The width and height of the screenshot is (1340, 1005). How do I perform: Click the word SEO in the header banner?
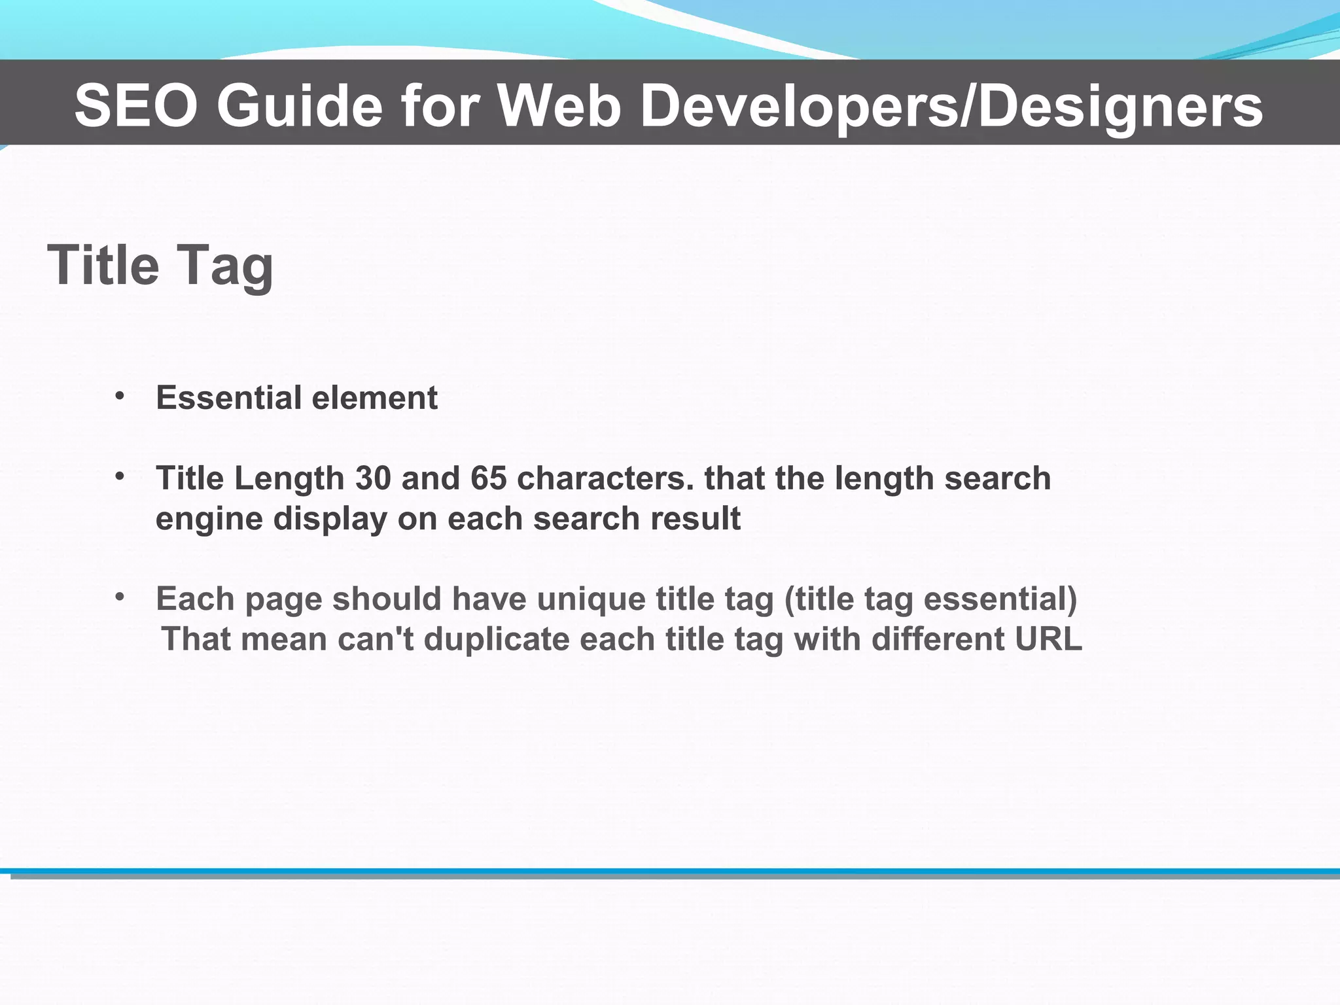(136, 107)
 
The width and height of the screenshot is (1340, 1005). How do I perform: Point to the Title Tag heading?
(160, 266)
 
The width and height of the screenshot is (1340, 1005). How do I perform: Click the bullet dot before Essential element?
(119, 396)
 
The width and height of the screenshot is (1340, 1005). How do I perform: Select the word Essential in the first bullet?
(229, 398)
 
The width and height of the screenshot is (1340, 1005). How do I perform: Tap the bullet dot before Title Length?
(119, 476)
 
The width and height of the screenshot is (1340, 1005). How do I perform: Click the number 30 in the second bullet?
(373, 478)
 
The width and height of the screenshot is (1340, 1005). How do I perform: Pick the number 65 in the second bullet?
(488, 478)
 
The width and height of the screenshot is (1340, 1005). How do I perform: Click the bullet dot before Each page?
(119, 597)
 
